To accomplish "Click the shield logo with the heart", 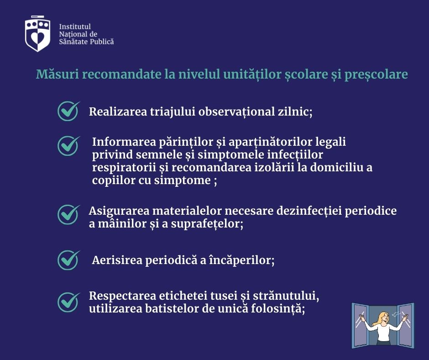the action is pyautogui.click(x=38, y=33).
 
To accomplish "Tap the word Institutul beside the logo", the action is pyautogui.click(x=75, y=26).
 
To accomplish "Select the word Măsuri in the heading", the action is pyautogui.click(x=57, y=74).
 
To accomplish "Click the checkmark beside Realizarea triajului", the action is pyautogui.click(x=68, y=111).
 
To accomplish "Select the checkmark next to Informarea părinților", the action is pyautogui.click(x=68, y=146).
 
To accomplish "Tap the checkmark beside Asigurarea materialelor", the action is pyautogui.click(x=68, y=215).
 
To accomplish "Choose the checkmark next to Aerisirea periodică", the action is pyautogui.click(x=68, y=260).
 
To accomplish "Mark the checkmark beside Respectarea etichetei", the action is pyautogui.click(x=68, y=302).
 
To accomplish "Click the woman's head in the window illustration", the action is pyautogui.click(x=384, y=318).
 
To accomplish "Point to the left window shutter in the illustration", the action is pyautogui.click(x=360, y=325).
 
